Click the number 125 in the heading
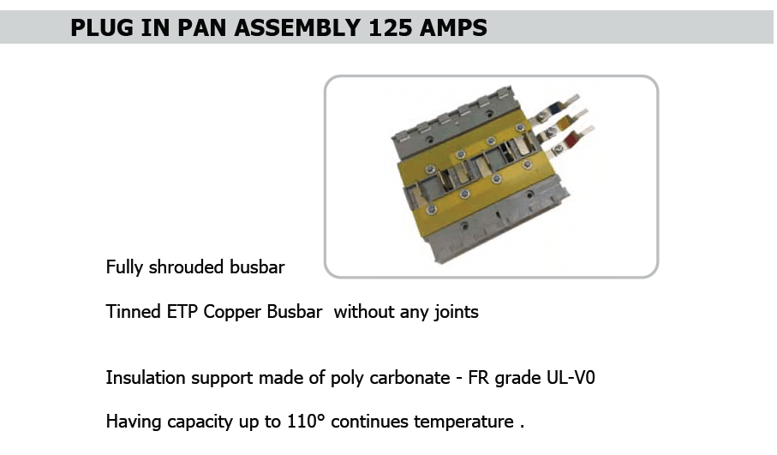click(x=391, y=27)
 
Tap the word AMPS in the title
click(x=453, y=27)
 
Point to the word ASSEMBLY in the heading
click(x=297, y=27)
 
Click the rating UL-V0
click(x=571, y=378)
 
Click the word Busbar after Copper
click(x=295, y=312)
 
